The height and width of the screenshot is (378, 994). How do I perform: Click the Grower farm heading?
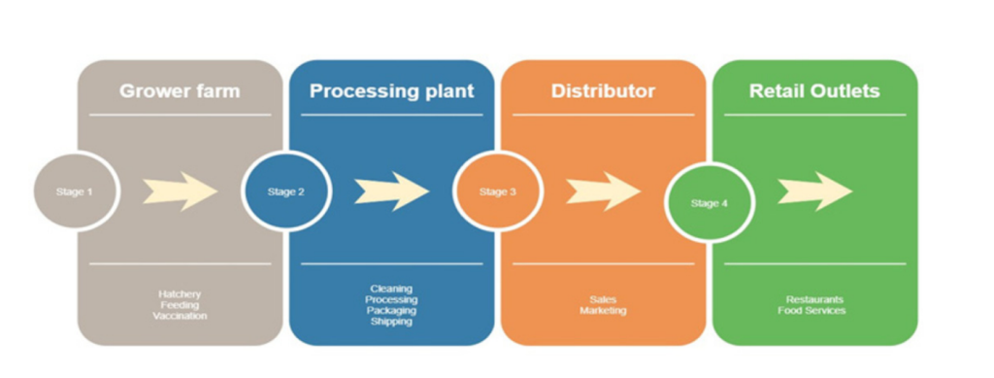click(x=180, y=91)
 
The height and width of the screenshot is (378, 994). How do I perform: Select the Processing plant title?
click(x=391, y=91)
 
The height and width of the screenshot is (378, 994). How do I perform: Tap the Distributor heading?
click(x=603, y=91)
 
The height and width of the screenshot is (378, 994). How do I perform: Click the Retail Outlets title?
click(x=813, y=91)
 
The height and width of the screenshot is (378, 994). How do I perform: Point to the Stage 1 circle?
click(x=76, y=191)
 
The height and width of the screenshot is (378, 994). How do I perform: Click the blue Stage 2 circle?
click(x=286, y=191)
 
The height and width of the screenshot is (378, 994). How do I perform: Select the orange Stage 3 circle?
click(x=497, y=191)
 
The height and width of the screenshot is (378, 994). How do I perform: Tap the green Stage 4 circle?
click(x=709, y=203)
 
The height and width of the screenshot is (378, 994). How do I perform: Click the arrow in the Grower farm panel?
click(x=181, y=190)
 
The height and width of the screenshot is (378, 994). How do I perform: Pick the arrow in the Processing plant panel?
click(x=391, y=191)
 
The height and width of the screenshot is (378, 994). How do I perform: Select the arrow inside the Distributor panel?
click(x=603, y=191)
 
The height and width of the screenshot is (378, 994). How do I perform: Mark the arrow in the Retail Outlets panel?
click(x=814, y=191)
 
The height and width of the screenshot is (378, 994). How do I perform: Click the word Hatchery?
click(x=180, y=293)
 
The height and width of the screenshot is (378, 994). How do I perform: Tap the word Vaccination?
click(x=180, y=316)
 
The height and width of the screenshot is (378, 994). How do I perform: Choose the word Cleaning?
click(x=391, y=289)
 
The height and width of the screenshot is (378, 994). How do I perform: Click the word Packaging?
click(x=391, y=311)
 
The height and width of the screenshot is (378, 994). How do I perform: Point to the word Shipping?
click(x=391, y=322)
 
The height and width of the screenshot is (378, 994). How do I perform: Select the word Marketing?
click(x=603, y=311)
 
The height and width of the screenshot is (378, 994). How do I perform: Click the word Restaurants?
click(x=814, y=299)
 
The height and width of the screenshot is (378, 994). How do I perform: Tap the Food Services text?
click(x=814, y=311)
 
